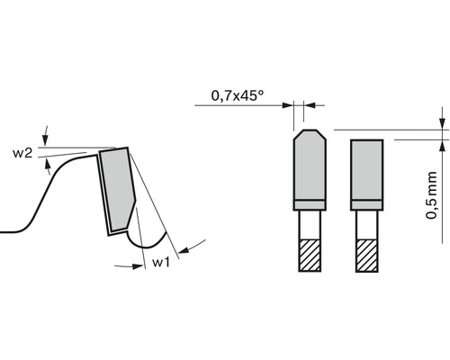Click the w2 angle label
point(23,154)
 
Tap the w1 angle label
point(161,262)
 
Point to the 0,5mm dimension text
point(434,197)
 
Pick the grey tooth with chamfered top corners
point(309,168)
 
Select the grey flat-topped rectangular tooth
point(367,171)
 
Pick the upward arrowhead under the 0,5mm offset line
point(442,146)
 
